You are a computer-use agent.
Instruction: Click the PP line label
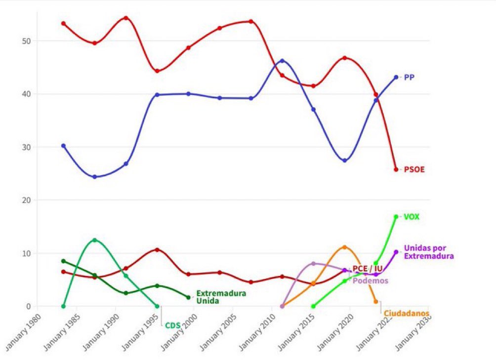[x=409, y=78]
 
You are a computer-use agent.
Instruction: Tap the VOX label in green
[x=412, y=217]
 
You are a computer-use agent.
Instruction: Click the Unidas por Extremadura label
[x=428, y=252]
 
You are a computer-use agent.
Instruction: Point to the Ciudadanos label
[x=406, y=314]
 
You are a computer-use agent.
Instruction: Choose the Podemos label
[x=370, y=280]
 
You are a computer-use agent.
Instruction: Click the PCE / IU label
[x=368, y=269]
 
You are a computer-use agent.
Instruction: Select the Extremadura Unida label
[x=221, y=297]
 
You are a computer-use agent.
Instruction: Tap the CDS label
[x=172, y=325]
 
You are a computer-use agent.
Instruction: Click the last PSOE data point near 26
[x=396, y=170]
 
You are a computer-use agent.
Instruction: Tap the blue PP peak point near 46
[x=282, y=61]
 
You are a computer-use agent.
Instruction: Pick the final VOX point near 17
[x=396, y=217]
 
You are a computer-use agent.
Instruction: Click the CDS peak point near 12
[x=94, y=240]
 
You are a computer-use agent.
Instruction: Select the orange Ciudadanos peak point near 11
[x=345, y=247]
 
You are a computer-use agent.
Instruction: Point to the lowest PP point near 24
[x=94, y=177]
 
